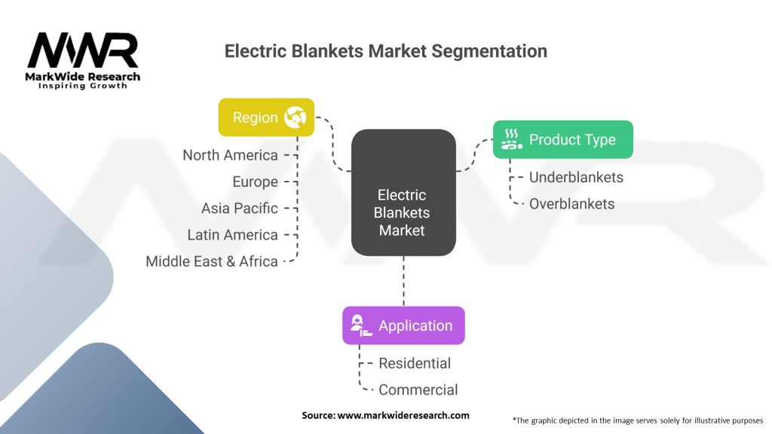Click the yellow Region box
coord(266,117)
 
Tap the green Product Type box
coord(562,139)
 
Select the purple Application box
coord(403,325)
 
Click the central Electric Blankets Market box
coord(403,192)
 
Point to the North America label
coord(231,155)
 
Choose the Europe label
coord(255,182)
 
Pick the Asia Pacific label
coord(239,208)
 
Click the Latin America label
coord(232,235)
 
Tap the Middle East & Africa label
coord(212,261)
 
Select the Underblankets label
coord(576,177)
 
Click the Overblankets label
coord(571,203)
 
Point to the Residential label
coord(415,363)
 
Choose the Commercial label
coord(418,390)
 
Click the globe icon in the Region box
coord(295,117)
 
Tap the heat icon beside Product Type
coord(512,139)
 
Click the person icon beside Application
coord(361,325)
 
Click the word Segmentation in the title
coord(489,51)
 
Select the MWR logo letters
coord(83,50)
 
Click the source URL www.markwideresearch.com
coord(403,415)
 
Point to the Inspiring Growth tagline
coord(83,86)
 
